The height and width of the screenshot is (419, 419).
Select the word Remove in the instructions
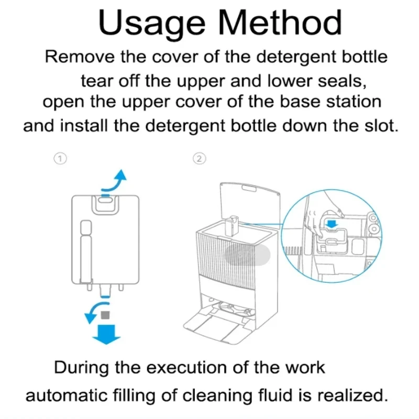point(79,57)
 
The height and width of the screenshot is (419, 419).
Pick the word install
point(89,126)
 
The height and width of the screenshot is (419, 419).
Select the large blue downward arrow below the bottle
point(106,333)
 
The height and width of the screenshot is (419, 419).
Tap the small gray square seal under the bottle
point(106,315)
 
